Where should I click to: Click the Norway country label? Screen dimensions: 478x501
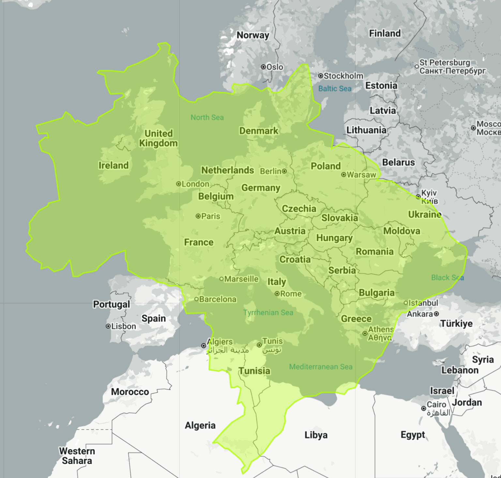[253, 35]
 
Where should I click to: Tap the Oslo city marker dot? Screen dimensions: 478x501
[263, 67]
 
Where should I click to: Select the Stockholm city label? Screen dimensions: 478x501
[343, 76]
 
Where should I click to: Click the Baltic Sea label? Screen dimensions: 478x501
[335, 89]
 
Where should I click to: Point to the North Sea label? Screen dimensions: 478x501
[207, 117]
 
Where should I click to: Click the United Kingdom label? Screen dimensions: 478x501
[159, 138]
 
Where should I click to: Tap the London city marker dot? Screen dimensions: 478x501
[178, 184]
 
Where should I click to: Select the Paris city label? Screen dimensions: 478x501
[211, 216]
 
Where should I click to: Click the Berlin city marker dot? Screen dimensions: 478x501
[284, 171]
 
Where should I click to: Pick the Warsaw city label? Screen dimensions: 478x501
[361, 175]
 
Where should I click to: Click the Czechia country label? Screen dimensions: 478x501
[299, 209]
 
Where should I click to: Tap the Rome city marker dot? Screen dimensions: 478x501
[277, 294]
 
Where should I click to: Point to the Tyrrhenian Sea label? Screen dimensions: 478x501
[268, 312]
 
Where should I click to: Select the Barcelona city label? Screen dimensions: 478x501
[218, 299]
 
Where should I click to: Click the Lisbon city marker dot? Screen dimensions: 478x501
[108, 326]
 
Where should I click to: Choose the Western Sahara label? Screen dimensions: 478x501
[77, 456]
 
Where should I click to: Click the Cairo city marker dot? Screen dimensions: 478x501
[423, 408]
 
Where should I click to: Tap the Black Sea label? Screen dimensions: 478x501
[447, 278]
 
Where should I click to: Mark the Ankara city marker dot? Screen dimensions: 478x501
[436, 314]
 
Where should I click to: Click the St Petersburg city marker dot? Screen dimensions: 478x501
[417, 66]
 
